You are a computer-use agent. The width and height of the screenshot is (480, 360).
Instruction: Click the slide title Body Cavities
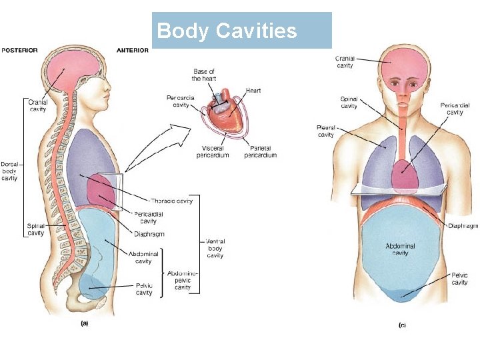coord(227,31)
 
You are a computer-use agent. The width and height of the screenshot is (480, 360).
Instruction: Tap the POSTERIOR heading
coord(19,50)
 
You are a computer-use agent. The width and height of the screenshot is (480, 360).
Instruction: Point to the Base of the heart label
coord(204,75)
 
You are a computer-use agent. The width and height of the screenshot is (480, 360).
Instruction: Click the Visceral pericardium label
coord(213,151)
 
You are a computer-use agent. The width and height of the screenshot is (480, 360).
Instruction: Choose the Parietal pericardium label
coord(260,151)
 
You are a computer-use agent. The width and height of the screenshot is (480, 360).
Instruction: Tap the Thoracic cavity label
coord(172,200)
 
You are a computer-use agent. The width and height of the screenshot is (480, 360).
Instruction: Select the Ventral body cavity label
coord(215,248)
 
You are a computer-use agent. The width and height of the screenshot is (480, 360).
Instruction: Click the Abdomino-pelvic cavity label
coord(183,280)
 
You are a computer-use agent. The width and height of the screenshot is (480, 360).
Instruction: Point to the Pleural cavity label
coord(326,131)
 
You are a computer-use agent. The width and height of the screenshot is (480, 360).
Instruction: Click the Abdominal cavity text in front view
coord(400,249)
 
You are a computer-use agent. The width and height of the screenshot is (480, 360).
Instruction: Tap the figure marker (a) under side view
coord(85,323)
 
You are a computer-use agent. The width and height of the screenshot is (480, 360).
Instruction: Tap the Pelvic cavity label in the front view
coord(459,279)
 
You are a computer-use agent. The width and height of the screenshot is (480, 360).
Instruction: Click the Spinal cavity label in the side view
coord(35,229)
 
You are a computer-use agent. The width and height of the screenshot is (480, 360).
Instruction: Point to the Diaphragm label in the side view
coord(149,234)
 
